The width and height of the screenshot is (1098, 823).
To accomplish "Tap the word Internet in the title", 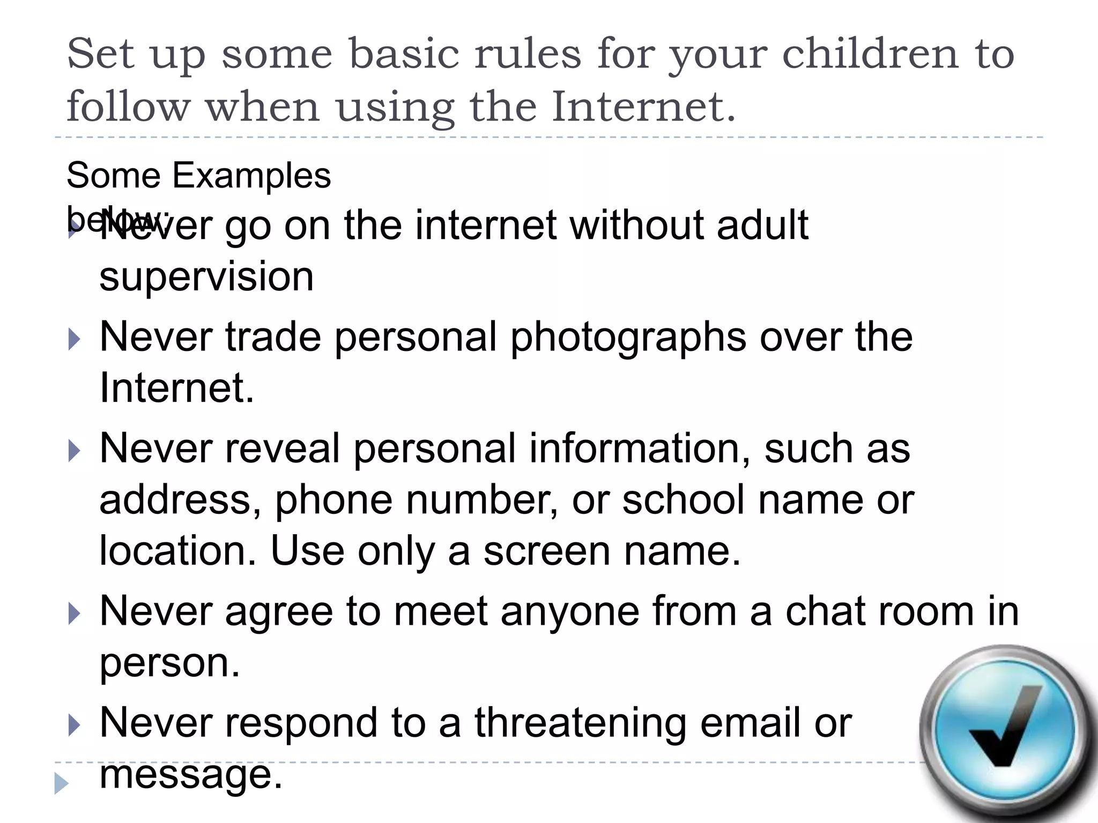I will pos(643,106).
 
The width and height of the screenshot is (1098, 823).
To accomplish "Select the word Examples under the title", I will pos(251,175).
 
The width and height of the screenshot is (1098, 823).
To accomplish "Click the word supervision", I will pos(206,277).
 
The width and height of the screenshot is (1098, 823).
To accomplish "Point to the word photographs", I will pos(628,338).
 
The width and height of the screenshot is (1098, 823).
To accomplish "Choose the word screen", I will pos(547,552).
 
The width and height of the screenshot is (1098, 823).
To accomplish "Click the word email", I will pos(751,723).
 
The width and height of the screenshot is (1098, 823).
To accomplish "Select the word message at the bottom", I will pos(190,774).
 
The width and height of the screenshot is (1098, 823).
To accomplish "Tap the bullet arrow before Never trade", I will pos(75,340).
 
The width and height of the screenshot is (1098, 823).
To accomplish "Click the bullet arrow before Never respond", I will pos(75,725).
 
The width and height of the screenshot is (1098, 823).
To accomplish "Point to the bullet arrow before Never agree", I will pos(75,614).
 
